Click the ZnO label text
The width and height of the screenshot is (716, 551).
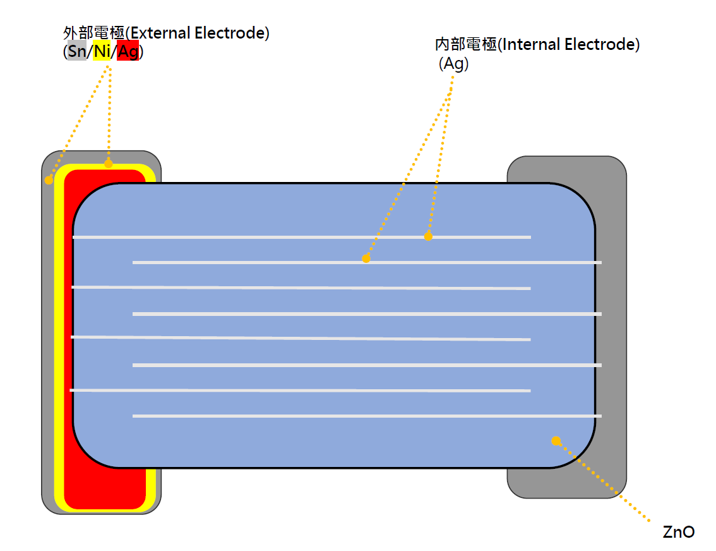[679, 532]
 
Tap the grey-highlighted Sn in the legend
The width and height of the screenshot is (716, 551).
[76, 52]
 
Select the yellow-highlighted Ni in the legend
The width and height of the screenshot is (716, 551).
[102, 52]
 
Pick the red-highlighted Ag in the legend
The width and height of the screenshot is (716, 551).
[128, 52]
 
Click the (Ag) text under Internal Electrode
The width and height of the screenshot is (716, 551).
[454, 64]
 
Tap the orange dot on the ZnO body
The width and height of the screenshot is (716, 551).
[556, 440]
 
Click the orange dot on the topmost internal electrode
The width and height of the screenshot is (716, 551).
[428, 237]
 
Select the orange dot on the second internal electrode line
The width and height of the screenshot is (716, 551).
[366, 258]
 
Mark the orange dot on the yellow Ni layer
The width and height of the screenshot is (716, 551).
[109, 164]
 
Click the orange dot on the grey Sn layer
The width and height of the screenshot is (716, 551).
[49, 181]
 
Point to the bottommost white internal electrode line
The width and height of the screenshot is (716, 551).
[366, 416]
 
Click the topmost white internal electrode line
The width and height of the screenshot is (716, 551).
[253, 237]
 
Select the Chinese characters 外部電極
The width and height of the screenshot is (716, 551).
[94, 33]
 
